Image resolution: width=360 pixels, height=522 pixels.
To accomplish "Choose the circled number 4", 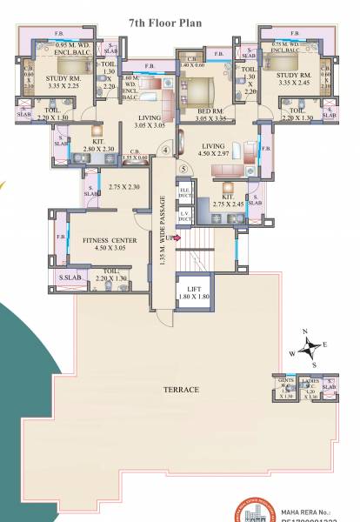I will [x=165, y=148].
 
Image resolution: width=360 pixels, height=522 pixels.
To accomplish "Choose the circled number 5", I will [x=183, y=167].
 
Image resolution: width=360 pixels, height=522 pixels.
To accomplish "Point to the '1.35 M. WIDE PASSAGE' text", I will [x=163, y=235].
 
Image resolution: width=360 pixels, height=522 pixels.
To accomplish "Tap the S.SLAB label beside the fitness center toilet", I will [x=70, y=278].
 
